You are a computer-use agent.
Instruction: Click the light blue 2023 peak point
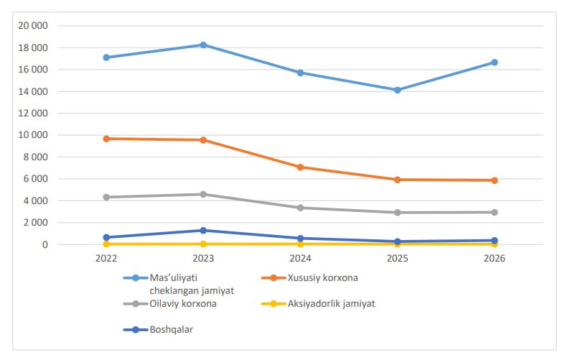203,45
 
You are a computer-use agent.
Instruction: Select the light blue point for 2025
397,90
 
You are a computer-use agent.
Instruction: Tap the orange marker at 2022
106,138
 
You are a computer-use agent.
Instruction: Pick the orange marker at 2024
300,167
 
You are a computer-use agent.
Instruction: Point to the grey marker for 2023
203,194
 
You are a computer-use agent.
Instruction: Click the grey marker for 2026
494,212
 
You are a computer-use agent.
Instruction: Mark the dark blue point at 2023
203,230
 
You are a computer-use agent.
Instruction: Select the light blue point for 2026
494,63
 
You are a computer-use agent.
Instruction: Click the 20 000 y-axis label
33,26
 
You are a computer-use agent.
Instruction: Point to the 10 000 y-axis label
33,135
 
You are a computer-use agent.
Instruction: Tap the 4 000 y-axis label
35,200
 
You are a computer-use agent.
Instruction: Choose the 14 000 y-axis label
33,91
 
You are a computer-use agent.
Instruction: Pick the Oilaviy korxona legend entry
183,303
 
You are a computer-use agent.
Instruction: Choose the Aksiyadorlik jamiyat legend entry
331,303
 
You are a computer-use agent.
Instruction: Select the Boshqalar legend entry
172,329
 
